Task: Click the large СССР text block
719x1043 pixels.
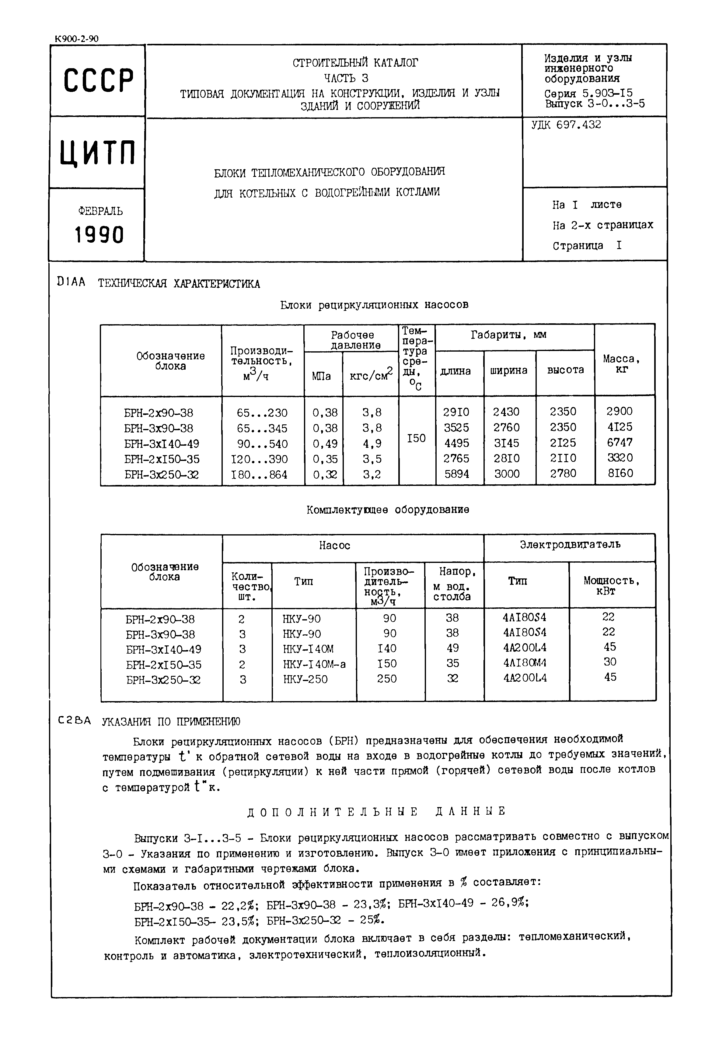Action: click(98, 81)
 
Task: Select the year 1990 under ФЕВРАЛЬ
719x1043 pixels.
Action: click(99, 235)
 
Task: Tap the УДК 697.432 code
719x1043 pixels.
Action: click(566, 125)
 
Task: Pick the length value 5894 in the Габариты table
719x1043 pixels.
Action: click(456, 474)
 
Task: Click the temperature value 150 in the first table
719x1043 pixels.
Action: click(416, 438)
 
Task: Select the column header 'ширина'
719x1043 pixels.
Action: click(509, 370)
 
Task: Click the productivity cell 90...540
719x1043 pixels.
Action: click(262, 444)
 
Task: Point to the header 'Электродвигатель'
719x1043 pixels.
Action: click(570, 545)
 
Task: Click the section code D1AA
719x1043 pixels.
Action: click(71, 283)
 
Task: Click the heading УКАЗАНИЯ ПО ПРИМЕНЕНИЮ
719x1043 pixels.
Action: click(171, 722)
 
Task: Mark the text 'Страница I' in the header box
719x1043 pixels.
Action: click(587, 246)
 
